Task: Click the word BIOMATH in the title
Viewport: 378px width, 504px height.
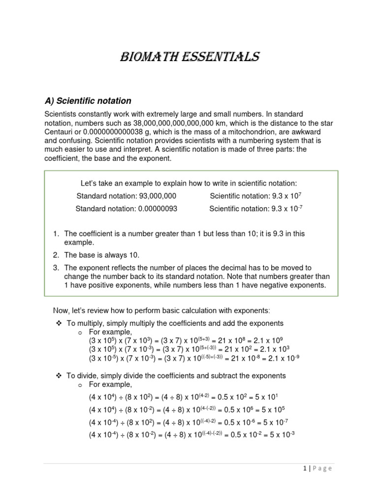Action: tap(148, 57)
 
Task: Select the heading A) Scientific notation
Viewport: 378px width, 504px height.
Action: tap(88, 101)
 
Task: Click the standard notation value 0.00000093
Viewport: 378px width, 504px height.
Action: tap(156, 209)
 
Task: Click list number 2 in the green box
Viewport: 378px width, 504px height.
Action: tap(56, 255)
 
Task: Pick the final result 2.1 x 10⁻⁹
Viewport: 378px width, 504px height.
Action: tap(283, 358)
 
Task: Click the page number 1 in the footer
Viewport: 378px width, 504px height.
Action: tap(304, 469)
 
